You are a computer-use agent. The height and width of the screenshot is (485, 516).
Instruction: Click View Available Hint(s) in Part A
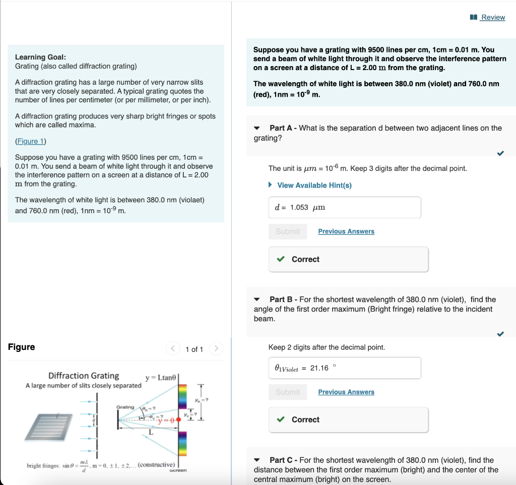[x=314, y=185]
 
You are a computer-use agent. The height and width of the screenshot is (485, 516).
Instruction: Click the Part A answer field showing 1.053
[x=345, y=207]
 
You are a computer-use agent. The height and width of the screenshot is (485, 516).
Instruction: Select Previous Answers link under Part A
[x=346, y=231]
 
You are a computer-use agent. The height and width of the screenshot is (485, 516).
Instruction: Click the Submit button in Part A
[x=288, y=231]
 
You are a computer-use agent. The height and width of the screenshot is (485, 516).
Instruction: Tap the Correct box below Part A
[x=348, y=259]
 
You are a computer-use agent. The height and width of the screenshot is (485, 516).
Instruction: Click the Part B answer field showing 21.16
[x=345, y=368]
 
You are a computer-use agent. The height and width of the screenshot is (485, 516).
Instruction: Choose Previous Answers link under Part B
[x=346, y=392]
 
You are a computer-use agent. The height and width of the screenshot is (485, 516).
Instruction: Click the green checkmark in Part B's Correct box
[x=281, y=419]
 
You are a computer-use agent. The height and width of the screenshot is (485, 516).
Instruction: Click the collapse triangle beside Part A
[x=257, y=128]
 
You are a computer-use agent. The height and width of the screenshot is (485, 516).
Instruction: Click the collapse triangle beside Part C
[x=257, y=460]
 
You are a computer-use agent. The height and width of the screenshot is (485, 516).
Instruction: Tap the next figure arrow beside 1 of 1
[x=216, y=349]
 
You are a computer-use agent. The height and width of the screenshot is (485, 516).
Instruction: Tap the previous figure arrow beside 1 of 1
[x=173, y=349]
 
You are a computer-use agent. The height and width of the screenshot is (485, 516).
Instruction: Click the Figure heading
[x=22, y=347]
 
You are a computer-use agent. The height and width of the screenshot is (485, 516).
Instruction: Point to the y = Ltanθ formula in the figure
[x=160, y=378]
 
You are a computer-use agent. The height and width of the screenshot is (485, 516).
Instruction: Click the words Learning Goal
[x=40, y=57]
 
